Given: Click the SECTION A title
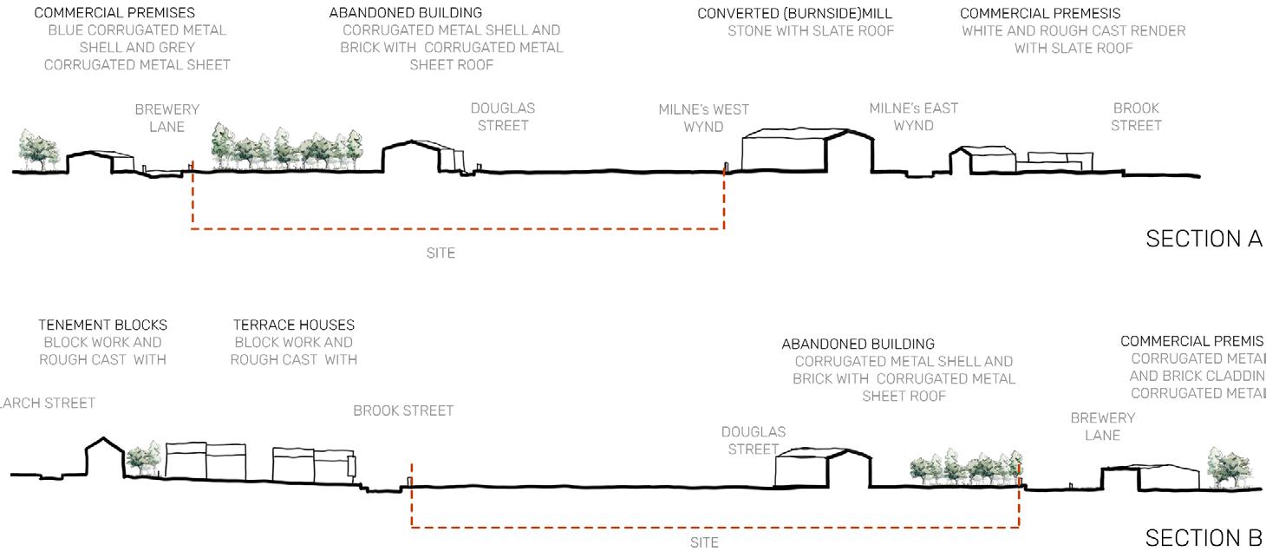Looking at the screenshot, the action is tap(1204, 239).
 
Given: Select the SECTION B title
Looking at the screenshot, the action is tap(1204, 538).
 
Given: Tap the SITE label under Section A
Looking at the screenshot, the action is tap(440, 253).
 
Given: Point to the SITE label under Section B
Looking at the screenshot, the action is tap(704, 543).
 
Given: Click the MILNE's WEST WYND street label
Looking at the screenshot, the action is tap(703, 118).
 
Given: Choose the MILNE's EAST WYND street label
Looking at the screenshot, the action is tap(913, 117).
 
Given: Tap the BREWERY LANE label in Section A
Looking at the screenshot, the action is tap(166, 118).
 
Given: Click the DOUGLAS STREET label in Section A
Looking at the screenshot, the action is tap(503, 117).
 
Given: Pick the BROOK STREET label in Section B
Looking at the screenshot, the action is tap(403, 410).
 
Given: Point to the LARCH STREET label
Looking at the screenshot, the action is tap(48, 403).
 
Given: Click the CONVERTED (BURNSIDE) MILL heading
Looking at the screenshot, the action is tap(794, 14).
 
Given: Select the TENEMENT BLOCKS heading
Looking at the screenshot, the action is tap(102, 325).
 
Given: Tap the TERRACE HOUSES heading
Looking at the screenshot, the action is tap(294, 325).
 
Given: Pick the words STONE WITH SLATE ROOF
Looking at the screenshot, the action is tap(811, 31).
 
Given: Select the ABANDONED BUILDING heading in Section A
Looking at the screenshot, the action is tap(406, 14).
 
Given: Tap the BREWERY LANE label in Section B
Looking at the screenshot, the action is tap(1102, 426).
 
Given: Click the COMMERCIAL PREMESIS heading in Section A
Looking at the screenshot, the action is tap(1040, 14).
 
